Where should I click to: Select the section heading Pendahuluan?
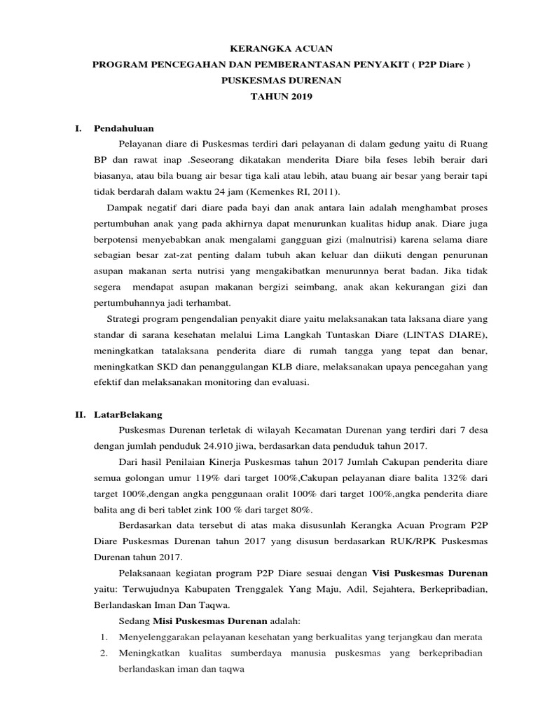point(124,128)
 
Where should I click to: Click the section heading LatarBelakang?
point(128,414)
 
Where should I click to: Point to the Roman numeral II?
point(81,414)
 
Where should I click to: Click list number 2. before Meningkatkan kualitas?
point(102,653)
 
